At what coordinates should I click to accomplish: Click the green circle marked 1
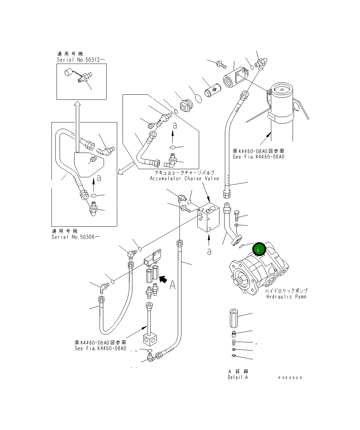[258, 250]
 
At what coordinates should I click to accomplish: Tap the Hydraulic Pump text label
[286, 297]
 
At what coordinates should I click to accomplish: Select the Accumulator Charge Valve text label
[185, 178]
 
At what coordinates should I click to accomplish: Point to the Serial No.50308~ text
[76, 237]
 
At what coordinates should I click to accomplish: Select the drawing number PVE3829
[290, 378]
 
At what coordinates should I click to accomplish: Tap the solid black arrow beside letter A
[163, 279]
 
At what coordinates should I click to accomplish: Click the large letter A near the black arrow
[172, 285]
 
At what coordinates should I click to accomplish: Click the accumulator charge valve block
[208, 218]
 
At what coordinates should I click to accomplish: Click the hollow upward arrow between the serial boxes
[78, 125]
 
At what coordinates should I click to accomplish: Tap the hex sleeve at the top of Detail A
[234, 318]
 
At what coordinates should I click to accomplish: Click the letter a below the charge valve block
[209, 251]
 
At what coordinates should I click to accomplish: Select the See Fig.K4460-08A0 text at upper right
[258, 157]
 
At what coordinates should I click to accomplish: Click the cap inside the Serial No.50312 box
[68, 72]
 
